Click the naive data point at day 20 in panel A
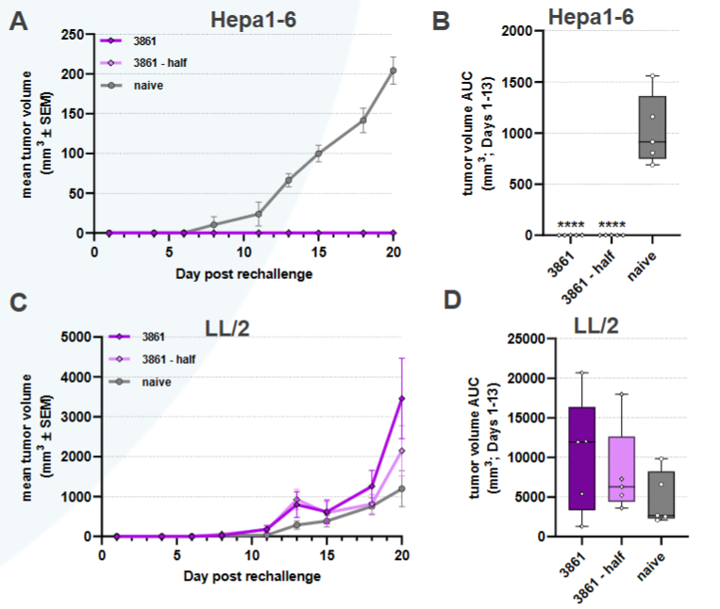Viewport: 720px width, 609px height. pos(393,71)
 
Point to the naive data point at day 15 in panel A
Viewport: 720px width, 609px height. pos(319,154)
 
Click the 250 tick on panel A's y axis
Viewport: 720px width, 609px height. pos(72,34)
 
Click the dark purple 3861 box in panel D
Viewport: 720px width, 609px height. pos(583,458)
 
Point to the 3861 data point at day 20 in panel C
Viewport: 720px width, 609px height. pos(402,399)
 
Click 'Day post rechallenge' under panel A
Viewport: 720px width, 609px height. pos(243,273)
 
